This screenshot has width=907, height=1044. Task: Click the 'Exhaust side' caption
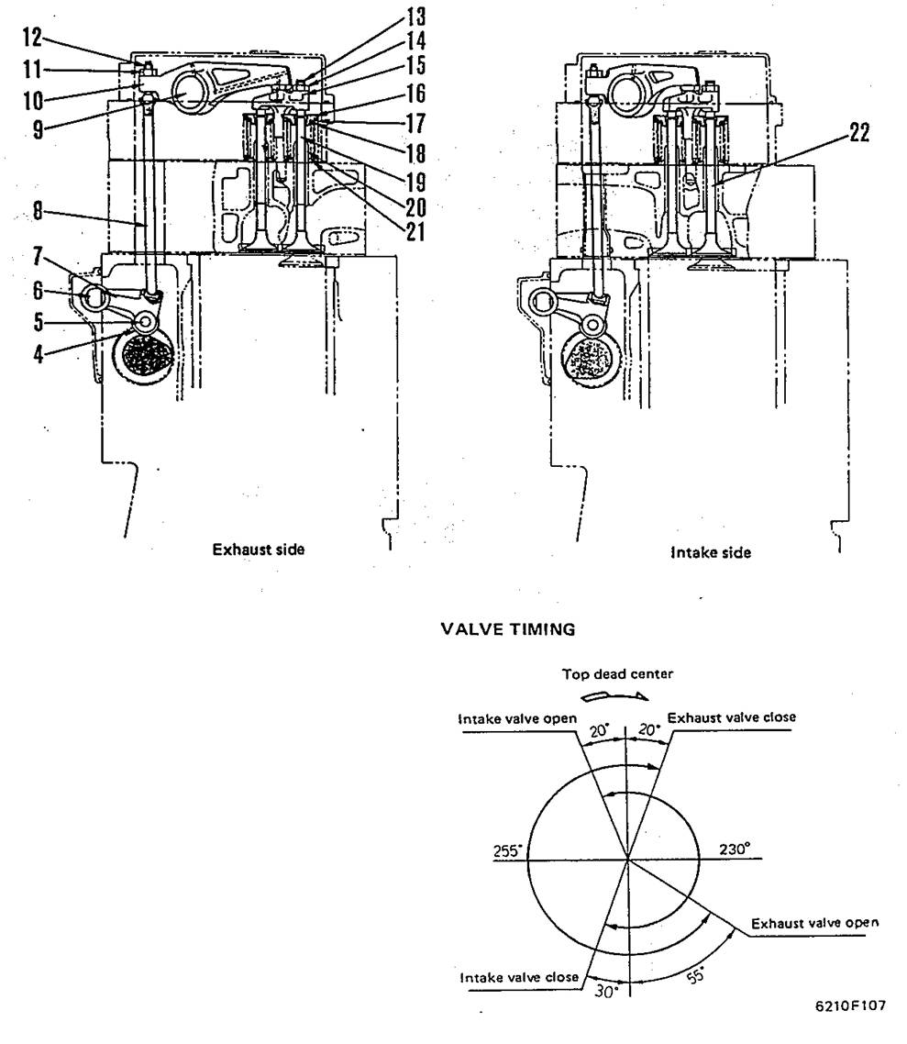(259, 550)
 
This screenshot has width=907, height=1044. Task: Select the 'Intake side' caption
(710, 552)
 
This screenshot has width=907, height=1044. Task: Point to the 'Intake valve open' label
(518, 718)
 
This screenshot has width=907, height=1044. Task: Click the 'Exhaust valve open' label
(814, 923)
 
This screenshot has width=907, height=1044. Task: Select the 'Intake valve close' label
(519, 978)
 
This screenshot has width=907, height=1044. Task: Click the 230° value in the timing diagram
(736, 850)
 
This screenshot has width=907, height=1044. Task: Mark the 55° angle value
(696, 976)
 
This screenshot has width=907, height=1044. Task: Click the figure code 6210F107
(850, 1005)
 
